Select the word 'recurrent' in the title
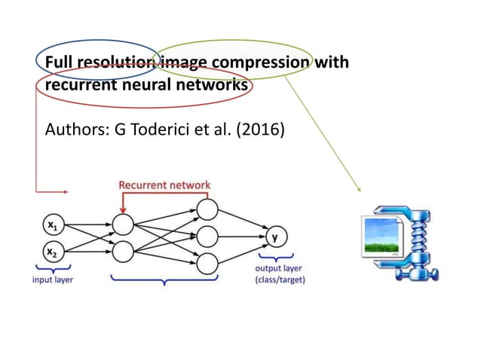tap(78, 86)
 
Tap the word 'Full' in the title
tap(60, 62)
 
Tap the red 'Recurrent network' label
tap(164, 185)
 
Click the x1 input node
tap(51, 224)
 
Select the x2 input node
tap(51, 251)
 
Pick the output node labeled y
tap(274, 236)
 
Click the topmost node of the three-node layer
tap(207, 209)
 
